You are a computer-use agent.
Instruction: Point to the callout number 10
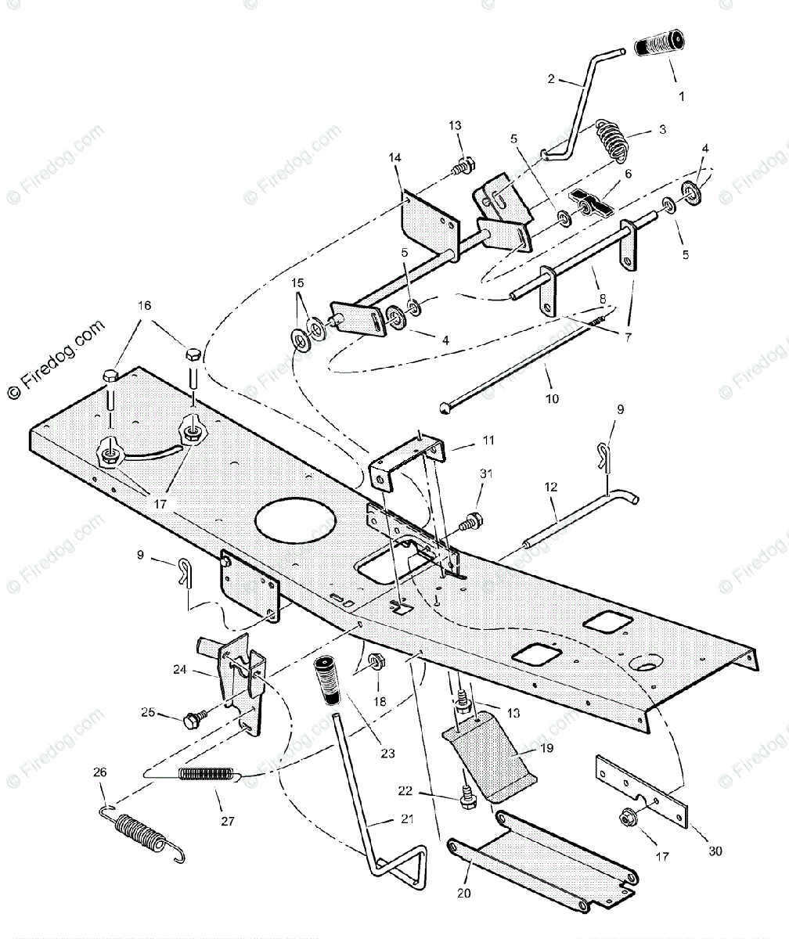point(552,398)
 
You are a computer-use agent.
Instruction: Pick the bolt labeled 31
point(473,519)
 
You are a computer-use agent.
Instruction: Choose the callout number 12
point(551,487)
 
